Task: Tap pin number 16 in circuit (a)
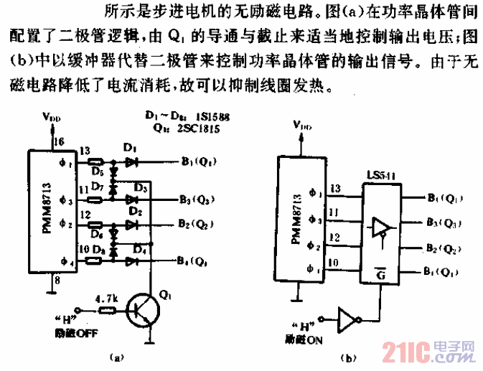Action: pos(60,141)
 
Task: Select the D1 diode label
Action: pos(129,148)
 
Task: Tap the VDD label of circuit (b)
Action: pos(303,126)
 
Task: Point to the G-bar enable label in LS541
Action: pos(380,271)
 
